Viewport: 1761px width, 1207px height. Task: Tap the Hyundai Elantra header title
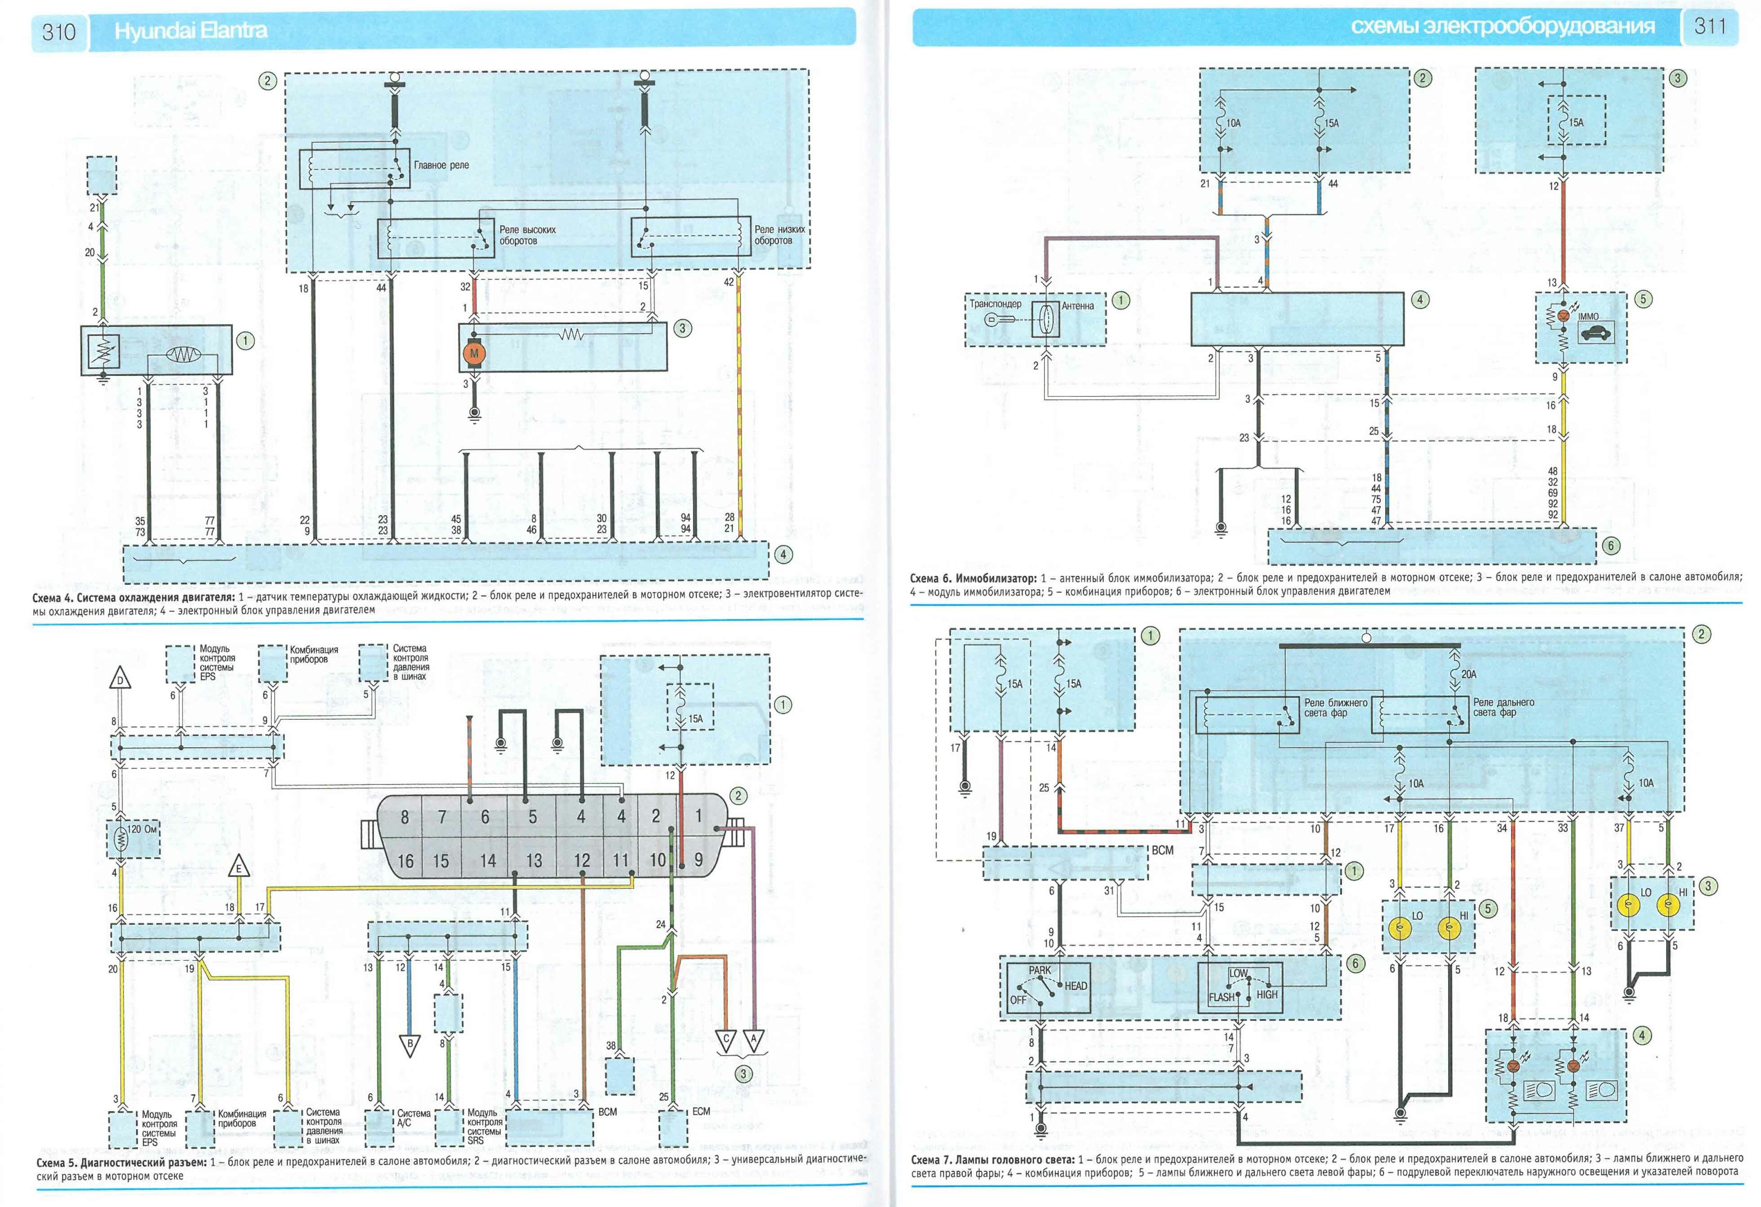[x=190, y=30]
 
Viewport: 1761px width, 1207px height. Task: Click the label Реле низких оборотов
[x=779, y=235]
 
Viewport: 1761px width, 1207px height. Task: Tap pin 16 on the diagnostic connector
[x=405, y=861]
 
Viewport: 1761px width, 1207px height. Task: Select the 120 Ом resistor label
[x=142, y=829]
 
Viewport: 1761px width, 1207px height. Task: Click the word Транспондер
[x=995, y=304]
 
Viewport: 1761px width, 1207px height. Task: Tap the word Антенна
[x=1077, y=306]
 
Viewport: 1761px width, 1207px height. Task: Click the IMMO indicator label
[x=1589, y=317]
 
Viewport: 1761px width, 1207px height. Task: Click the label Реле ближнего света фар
[x=1335, y=708]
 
